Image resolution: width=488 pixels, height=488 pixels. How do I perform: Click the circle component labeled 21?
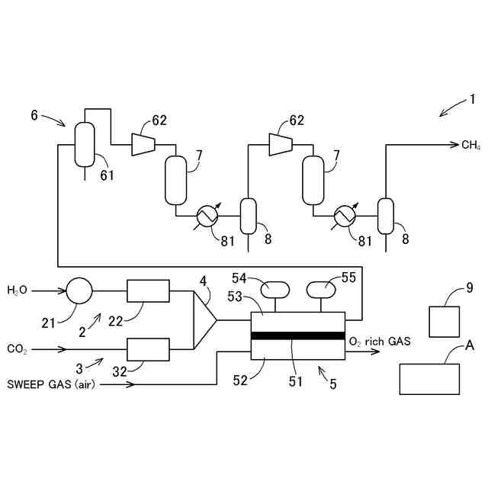pyautogui.click(x=79, y=291)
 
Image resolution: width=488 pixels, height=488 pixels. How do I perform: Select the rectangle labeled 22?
pyautogui.click(x=147, y=291)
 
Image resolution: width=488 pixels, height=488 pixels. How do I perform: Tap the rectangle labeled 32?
pyautogui.click(x=147, y=349)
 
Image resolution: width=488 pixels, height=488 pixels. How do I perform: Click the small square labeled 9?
pyautogui.click(x=445, y=321)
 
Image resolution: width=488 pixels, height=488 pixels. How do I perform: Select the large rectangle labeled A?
pyautogui.click(x=429, y=379)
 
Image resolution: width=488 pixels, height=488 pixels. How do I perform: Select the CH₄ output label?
pyautogui.click(x=470, y=144)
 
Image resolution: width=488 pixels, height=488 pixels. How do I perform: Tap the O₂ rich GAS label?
pyautogui.click(x=380, y=342)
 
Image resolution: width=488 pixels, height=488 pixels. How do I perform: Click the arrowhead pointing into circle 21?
pyautogui.click(x=63, y=291)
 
